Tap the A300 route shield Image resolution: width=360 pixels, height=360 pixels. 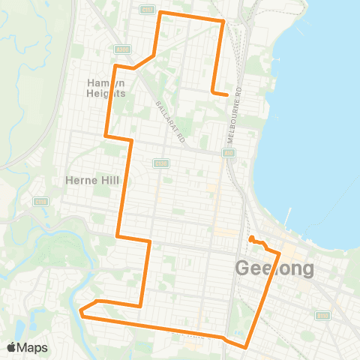click(x=123, y=49)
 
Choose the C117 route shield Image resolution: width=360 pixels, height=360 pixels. click(x=148, y=10)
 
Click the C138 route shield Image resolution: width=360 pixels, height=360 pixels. click(x=159, y=163)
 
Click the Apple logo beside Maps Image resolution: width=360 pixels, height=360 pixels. click(x=12, y=347)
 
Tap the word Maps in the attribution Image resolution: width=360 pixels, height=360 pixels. click(x=33, y=347)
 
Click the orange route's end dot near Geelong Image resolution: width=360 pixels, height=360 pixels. click(x=251, y=239)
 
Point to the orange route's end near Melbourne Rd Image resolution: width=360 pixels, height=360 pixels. click(x=226, y=94)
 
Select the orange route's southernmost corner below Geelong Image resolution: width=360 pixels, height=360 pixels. click(x=246, y=346)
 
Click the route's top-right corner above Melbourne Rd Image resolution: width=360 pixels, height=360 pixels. click(x=223, y=21)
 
